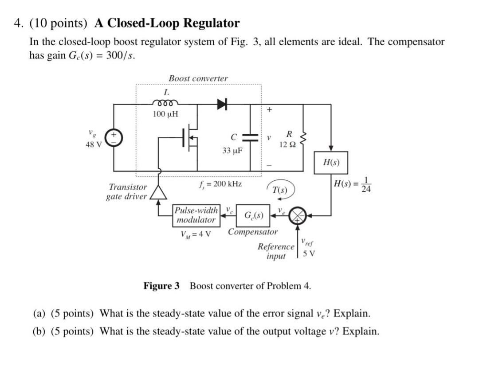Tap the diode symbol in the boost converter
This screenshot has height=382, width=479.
pos(222,104)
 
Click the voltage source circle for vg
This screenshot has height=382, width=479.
pos(114,138)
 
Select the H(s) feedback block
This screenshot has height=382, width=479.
pos(330,162)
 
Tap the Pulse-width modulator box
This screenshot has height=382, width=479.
pos(196,215)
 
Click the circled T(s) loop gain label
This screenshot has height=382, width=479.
pos(280,190)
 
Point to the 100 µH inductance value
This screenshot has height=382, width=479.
pos(165,114)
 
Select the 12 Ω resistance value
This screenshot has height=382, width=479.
pos(287,144)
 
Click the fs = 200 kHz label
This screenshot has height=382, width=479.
pos(220,183)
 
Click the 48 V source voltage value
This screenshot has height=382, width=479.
pos(93,144)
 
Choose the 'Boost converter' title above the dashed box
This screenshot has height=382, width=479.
pos(198,78)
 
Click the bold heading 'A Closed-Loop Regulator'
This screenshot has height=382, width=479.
pos(167,23)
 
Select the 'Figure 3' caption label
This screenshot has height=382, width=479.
pos(161,286)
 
